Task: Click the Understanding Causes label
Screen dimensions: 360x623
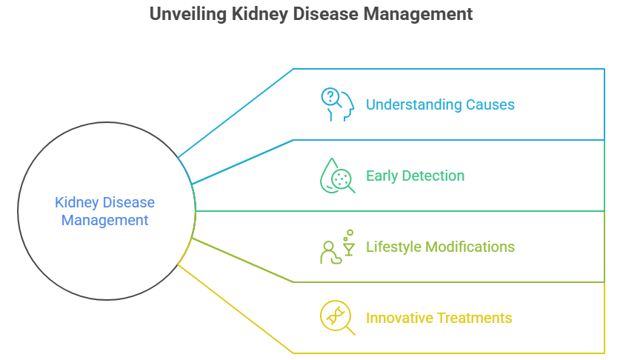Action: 440,104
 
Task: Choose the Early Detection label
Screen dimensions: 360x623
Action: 415,176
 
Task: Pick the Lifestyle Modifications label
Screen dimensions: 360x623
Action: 440,246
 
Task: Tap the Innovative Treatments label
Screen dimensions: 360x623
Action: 439,318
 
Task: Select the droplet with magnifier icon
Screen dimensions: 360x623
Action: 337,176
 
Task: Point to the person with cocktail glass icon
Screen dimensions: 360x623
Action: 337,247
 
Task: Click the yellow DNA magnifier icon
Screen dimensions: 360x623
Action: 337,318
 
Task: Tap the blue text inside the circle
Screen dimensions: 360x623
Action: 104,210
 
